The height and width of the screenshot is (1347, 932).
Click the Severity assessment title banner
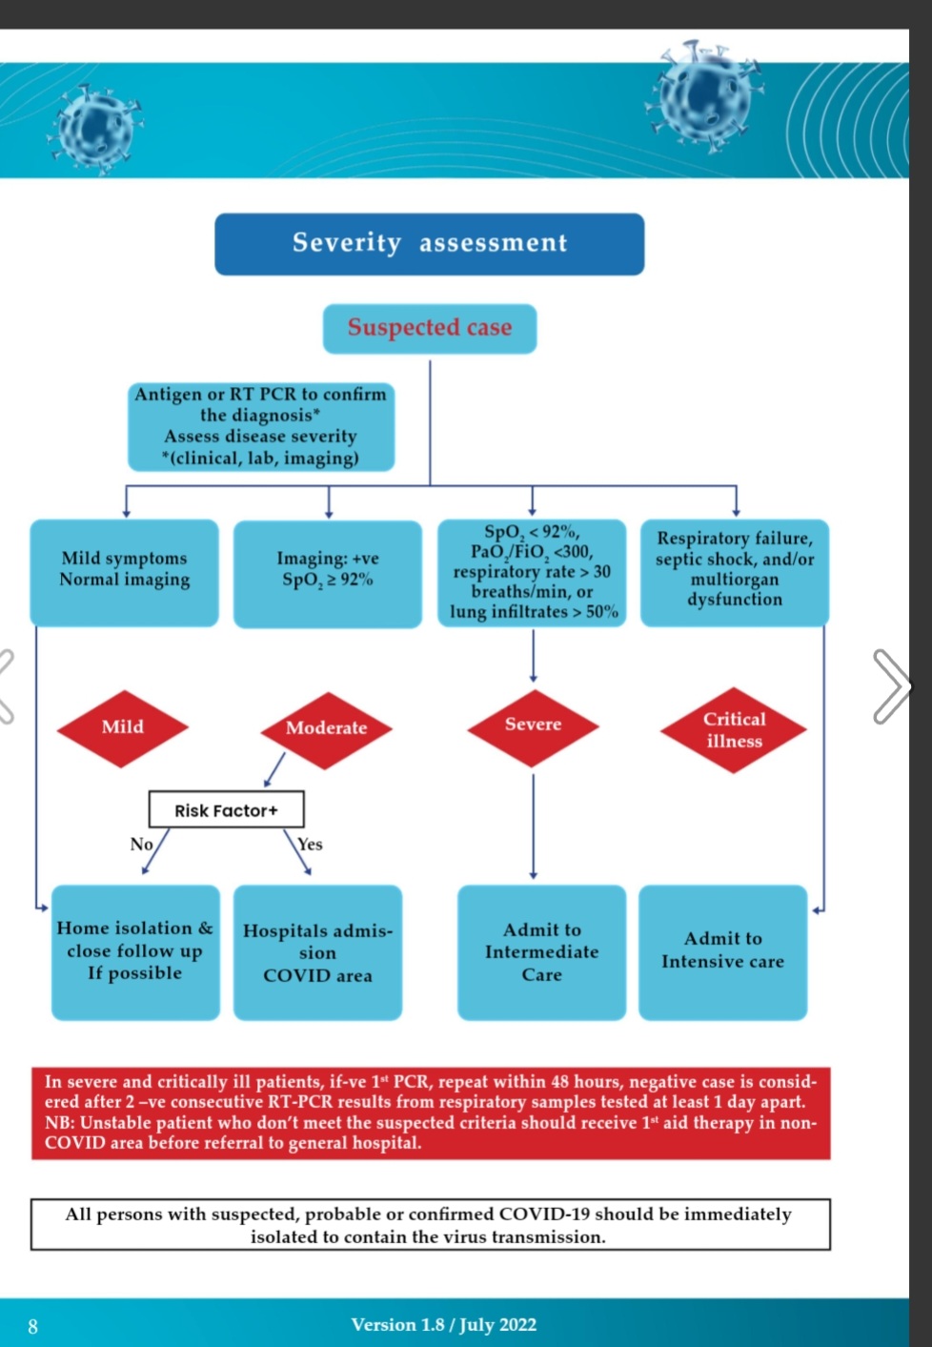(429, 244)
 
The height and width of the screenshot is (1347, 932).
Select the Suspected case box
(430, 328)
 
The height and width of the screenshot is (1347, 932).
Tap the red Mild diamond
(123, 727)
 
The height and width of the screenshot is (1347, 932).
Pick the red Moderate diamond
(326, 729)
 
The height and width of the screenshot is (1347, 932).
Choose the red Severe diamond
(533, 725)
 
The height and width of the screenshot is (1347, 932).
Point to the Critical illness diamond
(734, 730)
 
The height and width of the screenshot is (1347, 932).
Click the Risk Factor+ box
(226, 809)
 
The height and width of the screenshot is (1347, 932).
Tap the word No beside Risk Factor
(141, 844)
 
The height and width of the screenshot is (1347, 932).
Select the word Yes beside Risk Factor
(310, 845)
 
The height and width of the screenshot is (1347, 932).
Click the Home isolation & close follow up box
(134, 951)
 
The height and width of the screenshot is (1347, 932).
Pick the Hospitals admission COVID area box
(317, 952)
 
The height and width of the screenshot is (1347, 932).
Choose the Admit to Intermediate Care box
(541, 952)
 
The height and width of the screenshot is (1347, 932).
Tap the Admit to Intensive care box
(722, 951)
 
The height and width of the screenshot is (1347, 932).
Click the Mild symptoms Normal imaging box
(124, 571)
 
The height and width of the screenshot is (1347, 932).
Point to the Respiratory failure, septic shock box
(734, 571)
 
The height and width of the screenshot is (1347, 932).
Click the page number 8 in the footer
(33, 1326)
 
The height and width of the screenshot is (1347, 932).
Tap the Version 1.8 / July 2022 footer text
(443, 1325)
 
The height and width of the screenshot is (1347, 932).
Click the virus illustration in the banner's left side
(94, 127)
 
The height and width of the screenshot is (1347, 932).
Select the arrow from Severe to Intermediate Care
(533, 825)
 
